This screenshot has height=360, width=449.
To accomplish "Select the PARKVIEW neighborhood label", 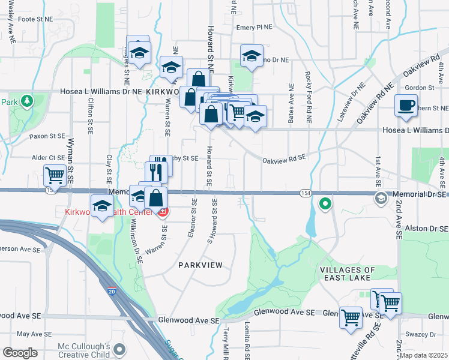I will (x=200, y=265).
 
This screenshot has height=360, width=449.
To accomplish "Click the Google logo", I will (x=20, y=353).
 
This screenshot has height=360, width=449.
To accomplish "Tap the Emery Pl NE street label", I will (x=254, y=28).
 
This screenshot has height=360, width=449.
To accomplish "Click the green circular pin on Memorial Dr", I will (x=325, y=205).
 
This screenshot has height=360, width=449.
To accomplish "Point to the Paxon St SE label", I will (x=47, y=136).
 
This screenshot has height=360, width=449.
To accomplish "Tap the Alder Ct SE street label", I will (x=49, y=157).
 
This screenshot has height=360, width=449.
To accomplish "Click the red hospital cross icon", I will (x=163, y=212).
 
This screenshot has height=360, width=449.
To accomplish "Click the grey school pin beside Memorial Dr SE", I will (x=379, y=199).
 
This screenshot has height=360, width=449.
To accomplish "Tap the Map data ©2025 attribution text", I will (x=424, y=355).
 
